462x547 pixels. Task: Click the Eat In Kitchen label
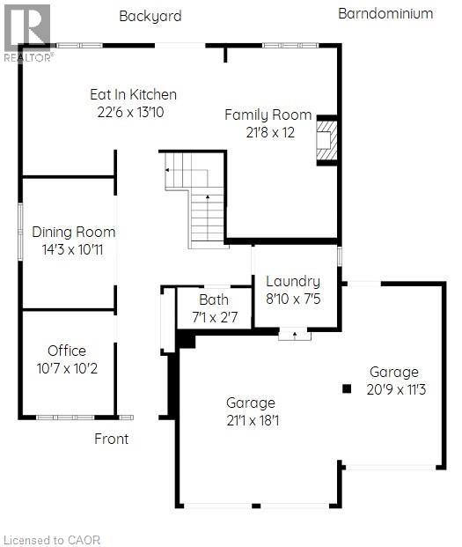(133, 94)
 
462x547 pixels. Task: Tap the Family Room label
(268, 115)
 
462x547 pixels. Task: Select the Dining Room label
(74, 232)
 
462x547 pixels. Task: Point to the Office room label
(67, 350)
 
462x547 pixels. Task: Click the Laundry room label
(293, 281)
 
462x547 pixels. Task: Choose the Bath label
(214, 299)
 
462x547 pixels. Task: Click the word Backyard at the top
(150, 16)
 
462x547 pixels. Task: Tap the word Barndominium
(385, 13)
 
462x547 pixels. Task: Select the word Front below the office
(112, 439)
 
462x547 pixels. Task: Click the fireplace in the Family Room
(326, 140)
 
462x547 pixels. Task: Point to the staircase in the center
(201, 198)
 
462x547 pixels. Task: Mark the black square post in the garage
(348, 388)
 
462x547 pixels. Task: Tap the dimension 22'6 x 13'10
(133, 112)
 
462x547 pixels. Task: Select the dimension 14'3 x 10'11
(74, 249)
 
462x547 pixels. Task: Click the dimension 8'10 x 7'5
(293, 299)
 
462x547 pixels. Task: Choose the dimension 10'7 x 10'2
(67, 367)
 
